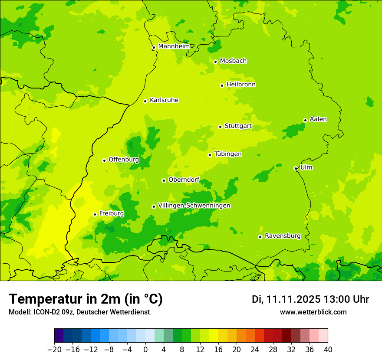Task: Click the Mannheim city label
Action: (174, 46)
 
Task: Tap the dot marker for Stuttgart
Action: (221, 127)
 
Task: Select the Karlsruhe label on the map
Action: (164, 100)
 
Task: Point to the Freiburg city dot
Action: (95, 214)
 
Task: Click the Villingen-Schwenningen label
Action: (194, 206)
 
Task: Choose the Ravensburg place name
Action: (282, 236)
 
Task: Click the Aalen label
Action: (318, 119)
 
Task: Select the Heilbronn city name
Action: (241, 85)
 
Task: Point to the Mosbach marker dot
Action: (216, 62)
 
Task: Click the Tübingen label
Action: (228, 154)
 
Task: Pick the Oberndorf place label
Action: (184, 180)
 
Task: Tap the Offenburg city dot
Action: (104, 160)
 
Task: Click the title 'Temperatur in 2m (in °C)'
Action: (86, 299)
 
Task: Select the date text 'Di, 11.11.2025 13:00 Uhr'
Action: (310, 299)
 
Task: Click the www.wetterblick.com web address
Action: (313, 312)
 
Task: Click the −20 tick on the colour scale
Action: (54, 350)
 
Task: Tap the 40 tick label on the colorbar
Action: (328, 350)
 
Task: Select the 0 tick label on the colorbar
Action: (145, 350)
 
